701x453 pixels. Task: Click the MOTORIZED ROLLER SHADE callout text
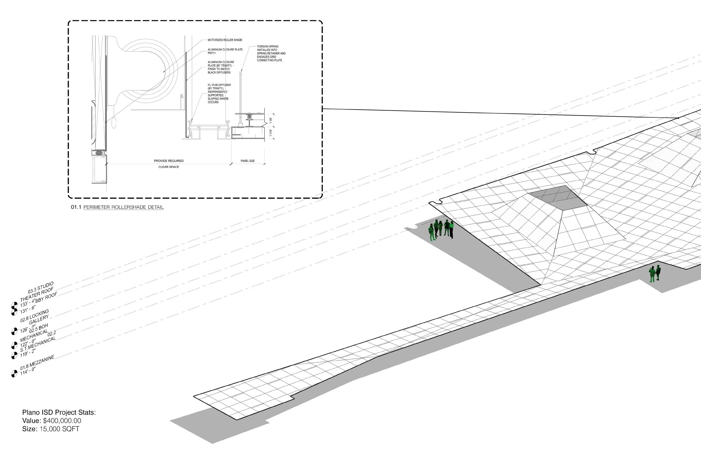[225, 40]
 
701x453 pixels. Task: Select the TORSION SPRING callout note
[271, 53]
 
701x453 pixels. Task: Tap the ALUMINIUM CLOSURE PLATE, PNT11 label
[225, 51]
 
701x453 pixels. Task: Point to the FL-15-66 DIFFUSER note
[219, 93]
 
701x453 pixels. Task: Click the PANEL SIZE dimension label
[247, 161]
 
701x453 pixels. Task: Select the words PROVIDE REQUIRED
[169, 161]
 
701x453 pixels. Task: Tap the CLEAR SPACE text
[169, 167]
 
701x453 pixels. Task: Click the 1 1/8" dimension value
[271, 120]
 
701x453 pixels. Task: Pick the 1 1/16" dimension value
[271, 132]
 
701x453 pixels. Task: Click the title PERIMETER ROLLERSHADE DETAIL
[124, 207]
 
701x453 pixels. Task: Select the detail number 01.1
[76, 207]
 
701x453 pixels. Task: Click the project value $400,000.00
[62, 421]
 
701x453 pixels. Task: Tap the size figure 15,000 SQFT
[59, 429]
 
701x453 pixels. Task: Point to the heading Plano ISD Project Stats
[59, 412]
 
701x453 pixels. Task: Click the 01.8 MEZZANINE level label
[37, 363]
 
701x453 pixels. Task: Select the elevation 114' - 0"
[28, 371]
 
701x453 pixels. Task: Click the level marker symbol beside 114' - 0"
[14, 374]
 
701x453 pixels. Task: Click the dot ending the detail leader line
[678, 118]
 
